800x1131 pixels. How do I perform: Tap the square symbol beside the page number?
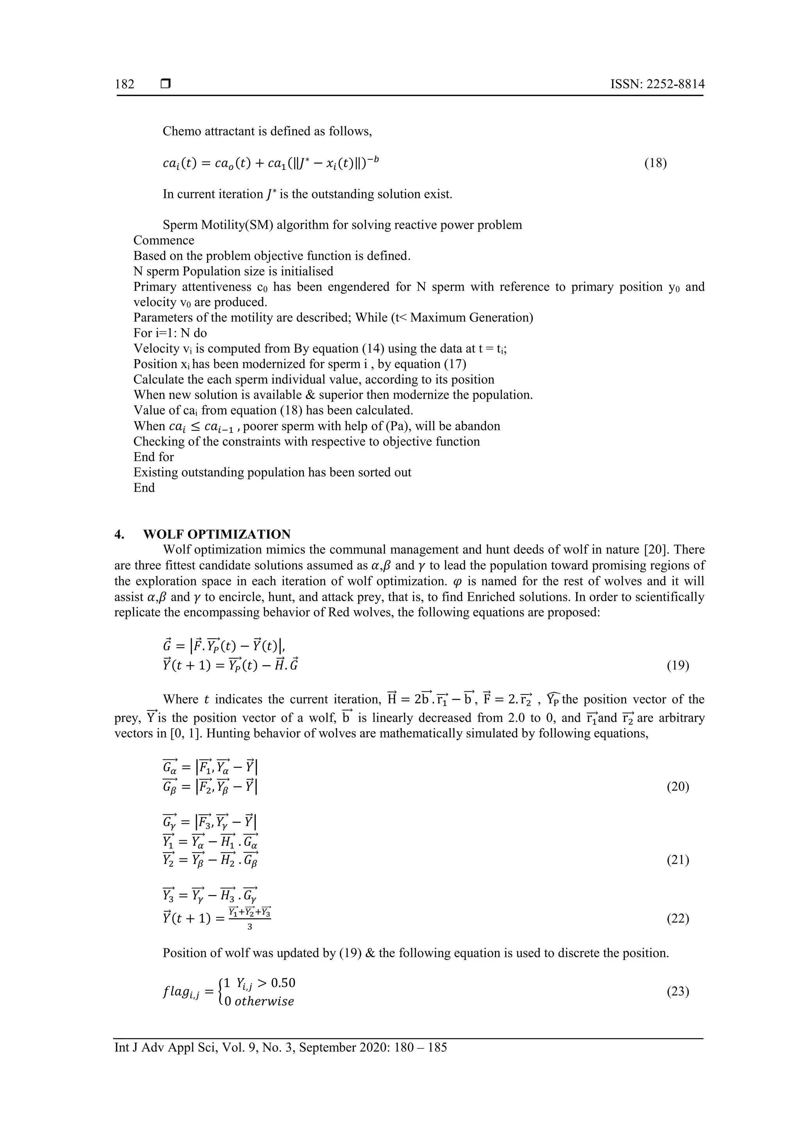pyautogui.click(x=166, y=84)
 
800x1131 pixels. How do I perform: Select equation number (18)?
pyautogui.click(x=655, y=163)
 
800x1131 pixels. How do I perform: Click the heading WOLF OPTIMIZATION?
pyautogui.click(x=216, y=534)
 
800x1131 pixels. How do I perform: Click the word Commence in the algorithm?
pyautogui.click(x=164, y=240)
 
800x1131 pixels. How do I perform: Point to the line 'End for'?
pyautogui.click(x=153, y=457)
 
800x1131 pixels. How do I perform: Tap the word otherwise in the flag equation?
pyautogui.click(x=264, y=1001)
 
